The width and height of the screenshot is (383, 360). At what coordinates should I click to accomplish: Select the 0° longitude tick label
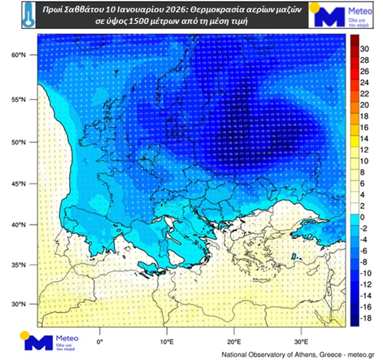click(x=100, y=341)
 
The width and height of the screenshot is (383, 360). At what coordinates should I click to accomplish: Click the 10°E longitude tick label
click(x=167, y=341)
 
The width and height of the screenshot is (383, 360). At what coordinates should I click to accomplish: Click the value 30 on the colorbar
click(x=364, y=49)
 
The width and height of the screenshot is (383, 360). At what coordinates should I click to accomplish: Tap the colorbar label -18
click(x=365, y=318)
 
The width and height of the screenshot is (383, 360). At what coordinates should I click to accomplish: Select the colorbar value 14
click(x=364, y=138)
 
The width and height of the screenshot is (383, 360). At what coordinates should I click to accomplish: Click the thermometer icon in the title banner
click(x=26, y=16)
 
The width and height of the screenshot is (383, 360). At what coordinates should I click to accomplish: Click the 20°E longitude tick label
click(x=234, y=341)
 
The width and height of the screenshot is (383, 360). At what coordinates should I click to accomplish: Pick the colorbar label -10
click(x=365, y=273)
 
